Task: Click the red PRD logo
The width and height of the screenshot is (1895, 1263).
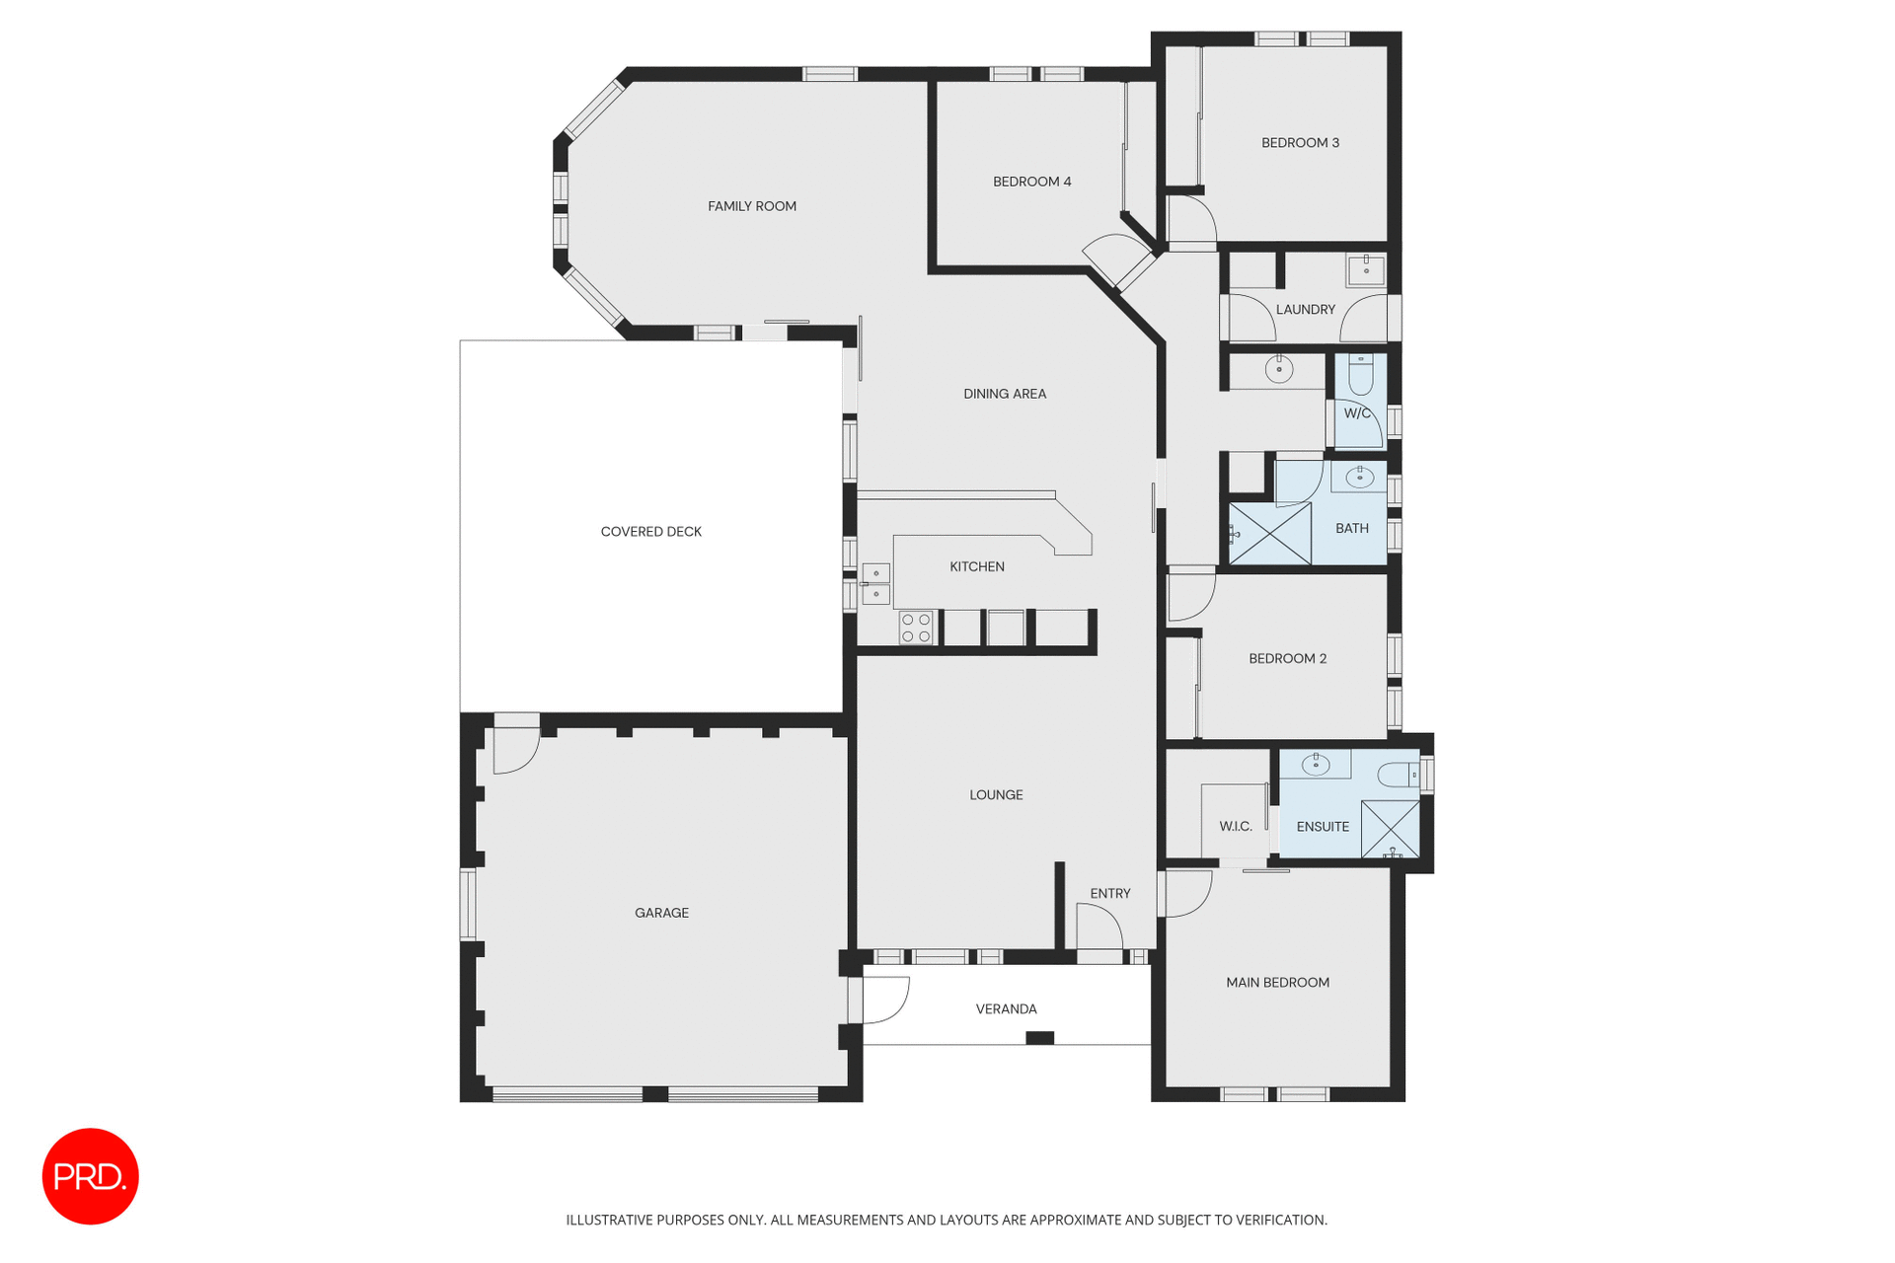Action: click(x=90, y=1176)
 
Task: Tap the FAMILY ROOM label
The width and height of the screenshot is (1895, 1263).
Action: click(x=751, y=206)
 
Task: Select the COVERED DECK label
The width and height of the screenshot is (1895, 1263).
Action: click(x=650, y=532)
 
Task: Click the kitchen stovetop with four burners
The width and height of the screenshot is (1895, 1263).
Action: click(x=916, y=629)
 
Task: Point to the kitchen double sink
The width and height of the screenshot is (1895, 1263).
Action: click(x=875, y=583)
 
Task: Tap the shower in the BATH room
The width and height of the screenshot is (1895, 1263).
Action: click(x=1269, y=534)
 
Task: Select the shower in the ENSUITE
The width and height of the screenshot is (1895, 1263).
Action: click(x=1390, y=829)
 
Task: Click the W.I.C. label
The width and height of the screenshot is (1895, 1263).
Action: click(x=1235, y=827)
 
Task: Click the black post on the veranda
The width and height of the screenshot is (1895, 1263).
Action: click(x=1039, y=1037)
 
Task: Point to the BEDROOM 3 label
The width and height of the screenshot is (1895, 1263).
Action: click(x=1300, y=143)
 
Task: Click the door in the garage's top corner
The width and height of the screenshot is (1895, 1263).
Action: click(x=515, y=746)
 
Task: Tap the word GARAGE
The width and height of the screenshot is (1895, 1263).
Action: click(x=661, y=913)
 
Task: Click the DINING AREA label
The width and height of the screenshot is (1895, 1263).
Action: click(x=1004, y=394)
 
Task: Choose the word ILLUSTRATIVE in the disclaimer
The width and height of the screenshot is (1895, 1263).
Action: click(x=609, y=1221)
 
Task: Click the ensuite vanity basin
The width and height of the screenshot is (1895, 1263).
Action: click(x=1316, y=764)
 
